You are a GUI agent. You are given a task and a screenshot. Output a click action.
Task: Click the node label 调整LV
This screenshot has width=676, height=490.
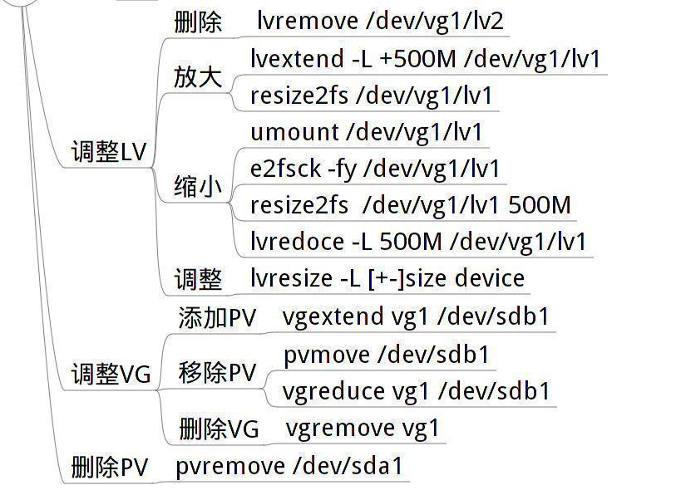108,153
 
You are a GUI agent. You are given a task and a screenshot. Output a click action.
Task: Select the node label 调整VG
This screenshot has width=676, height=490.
111,375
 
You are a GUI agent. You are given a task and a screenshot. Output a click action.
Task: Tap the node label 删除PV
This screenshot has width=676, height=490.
109,468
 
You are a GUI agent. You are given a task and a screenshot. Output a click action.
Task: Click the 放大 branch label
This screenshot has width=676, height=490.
198,77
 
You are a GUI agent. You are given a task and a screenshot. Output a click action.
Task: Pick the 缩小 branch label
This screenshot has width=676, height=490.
198,187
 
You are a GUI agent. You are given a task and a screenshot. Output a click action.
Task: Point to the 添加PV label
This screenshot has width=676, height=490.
217,318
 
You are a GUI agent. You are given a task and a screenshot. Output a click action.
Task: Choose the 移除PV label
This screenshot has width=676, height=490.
217,373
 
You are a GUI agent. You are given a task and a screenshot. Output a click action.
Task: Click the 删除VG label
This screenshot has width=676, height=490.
219,429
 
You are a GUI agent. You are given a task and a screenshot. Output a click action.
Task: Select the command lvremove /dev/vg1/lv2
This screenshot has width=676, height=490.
380,21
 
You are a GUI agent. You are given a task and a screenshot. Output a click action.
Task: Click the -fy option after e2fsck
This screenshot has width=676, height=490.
342,169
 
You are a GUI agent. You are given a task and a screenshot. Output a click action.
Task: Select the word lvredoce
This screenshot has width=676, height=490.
296,242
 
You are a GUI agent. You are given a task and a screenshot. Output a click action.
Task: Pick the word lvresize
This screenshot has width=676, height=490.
291,278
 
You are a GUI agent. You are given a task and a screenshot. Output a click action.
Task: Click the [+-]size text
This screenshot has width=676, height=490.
416,278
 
